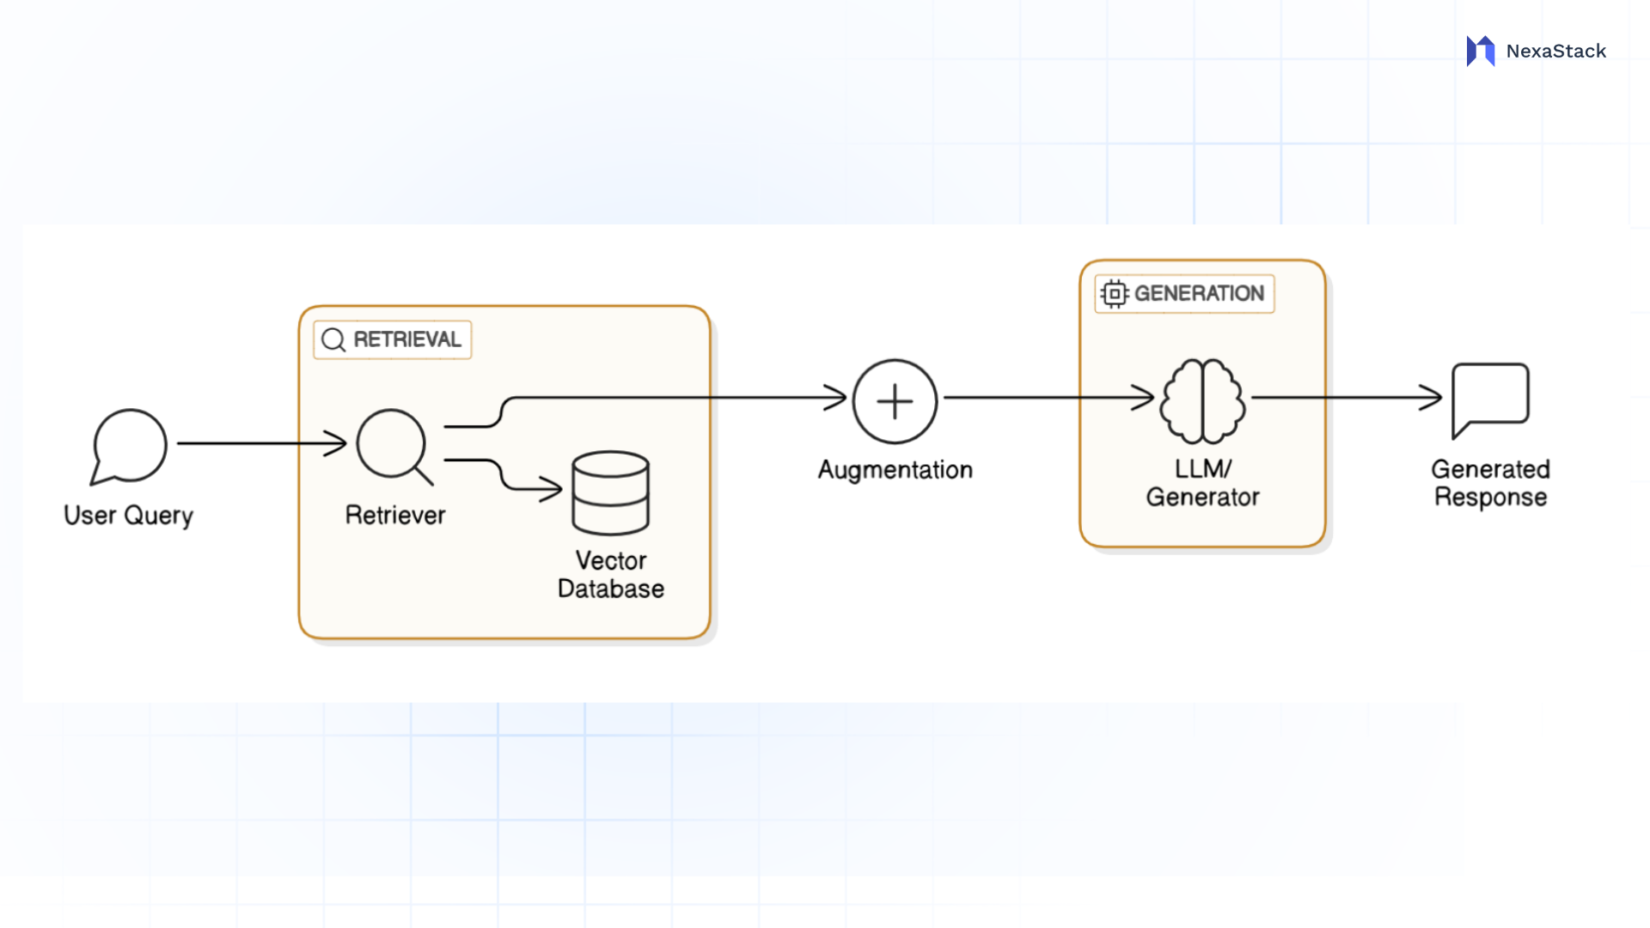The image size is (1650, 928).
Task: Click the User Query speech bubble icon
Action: [x=130, y=446]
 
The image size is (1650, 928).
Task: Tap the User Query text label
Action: [x=129, y=516]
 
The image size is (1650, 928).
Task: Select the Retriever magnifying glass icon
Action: [x=393, y=444]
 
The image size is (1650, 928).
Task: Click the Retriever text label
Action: [x=395, y=515]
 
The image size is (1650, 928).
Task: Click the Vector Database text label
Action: [x=611, y=575]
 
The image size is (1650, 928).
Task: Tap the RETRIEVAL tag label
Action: [x=406, y=339]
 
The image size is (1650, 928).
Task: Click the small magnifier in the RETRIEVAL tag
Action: [x=333, y=340]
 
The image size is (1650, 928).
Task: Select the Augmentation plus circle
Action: [x=895, y=401]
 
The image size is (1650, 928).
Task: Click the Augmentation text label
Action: [x=895, y=470]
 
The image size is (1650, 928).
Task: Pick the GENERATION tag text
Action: [x=1199, y=294]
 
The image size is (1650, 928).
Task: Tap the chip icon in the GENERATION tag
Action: [x=1115, y=294]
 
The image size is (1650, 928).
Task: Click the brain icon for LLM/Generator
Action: [x=1202, y=400]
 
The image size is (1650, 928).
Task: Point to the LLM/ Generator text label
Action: [x=1202, y=483]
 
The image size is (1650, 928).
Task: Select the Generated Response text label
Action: [x=1490, y=483]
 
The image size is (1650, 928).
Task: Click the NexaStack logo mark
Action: [x=1481, y=51]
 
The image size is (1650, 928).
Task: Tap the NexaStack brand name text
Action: [x=1555, y=52]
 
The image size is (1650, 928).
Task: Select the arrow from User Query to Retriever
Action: [x=258, y=443]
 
